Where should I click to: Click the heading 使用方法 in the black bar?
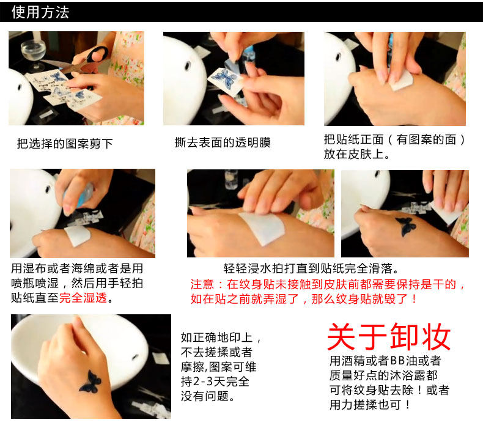40,12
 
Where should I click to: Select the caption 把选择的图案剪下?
65,144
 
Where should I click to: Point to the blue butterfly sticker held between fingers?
226,78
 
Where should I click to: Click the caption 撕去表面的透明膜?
223,142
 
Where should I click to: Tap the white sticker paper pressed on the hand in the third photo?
402,80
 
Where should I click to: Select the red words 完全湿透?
83,298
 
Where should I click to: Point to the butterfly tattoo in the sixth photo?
406,226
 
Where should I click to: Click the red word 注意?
202,284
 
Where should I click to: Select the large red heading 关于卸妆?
389,337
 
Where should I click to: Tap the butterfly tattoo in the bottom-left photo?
90,382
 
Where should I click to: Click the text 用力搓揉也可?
366,405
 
